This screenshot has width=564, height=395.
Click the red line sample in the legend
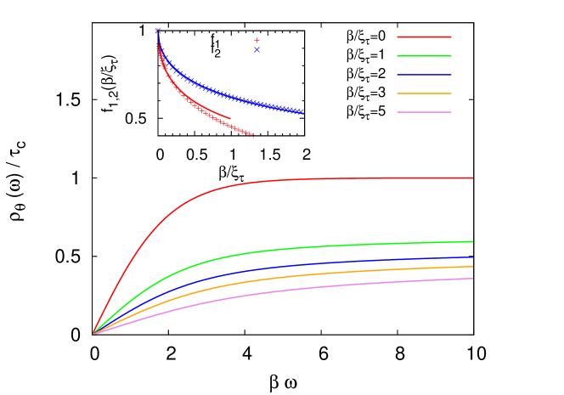(x=424, y=37)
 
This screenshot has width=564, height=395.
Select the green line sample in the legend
(x=424, y=56)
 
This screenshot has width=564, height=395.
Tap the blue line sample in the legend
(x=424, y=75)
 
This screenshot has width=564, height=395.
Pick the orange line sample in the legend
(x=424, y=93)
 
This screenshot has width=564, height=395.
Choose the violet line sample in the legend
(x=424, y=112)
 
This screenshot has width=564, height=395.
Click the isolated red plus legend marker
(x=257, y=40)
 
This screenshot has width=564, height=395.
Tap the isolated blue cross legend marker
(x=257, y=49)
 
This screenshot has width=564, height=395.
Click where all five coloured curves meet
(x=93, y=333)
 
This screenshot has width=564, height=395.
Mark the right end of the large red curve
(x=472, y=178)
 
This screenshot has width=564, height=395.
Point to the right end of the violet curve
(x=472, y=279)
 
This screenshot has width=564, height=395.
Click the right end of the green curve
(x=472, y=241)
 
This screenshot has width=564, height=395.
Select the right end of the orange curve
(x=472, y=267)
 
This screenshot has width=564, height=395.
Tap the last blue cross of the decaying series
(x=302, y=112)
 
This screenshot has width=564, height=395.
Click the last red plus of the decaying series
(x=252, y=135)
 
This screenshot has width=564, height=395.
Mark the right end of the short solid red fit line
(x=230, y=118)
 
